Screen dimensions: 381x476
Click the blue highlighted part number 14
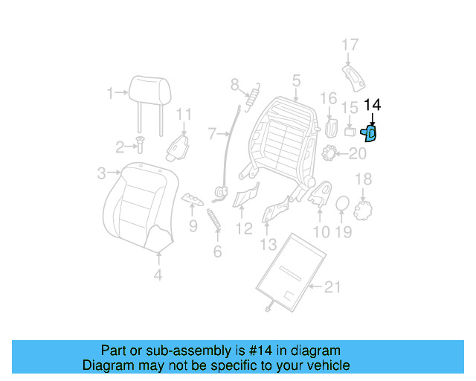pyautogui.click(x=369, y=133)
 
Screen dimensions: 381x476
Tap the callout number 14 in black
pyautogui.click(x=372, y=106)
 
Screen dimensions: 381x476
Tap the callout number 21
pyautogui.click(x=332, y=286)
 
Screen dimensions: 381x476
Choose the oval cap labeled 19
pyautogui.click(x=342, y=203)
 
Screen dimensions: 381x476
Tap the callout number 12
pyautogui.click(x=244, y=228)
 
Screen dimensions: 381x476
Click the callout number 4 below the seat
pyautogui.click(x=158, y=277)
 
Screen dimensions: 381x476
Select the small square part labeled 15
pyautogui.click(x=350, y=132)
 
